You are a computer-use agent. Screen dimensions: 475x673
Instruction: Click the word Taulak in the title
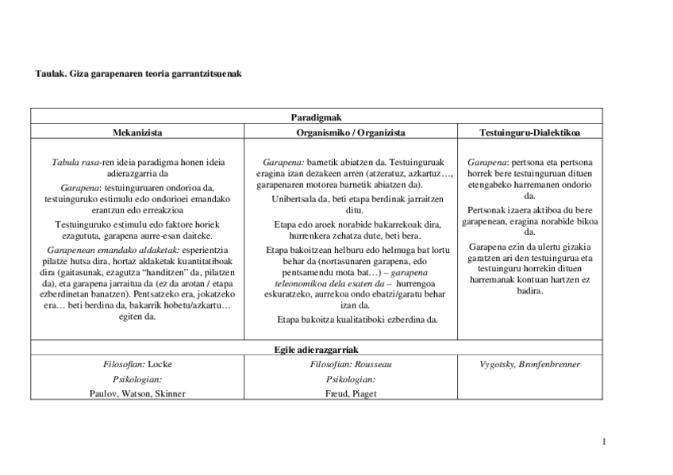click(50, 74)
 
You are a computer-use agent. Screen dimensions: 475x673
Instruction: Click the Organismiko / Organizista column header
click(350, 132)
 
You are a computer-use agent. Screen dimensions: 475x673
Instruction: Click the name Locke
click(160, 364)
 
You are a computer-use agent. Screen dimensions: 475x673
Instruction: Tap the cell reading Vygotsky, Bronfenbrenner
click(529, 364)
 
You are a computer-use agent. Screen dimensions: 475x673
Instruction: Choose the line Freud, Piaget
click(350, 393)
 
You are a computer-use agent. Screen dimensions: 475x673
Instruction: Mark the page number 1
click(604, 441)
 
